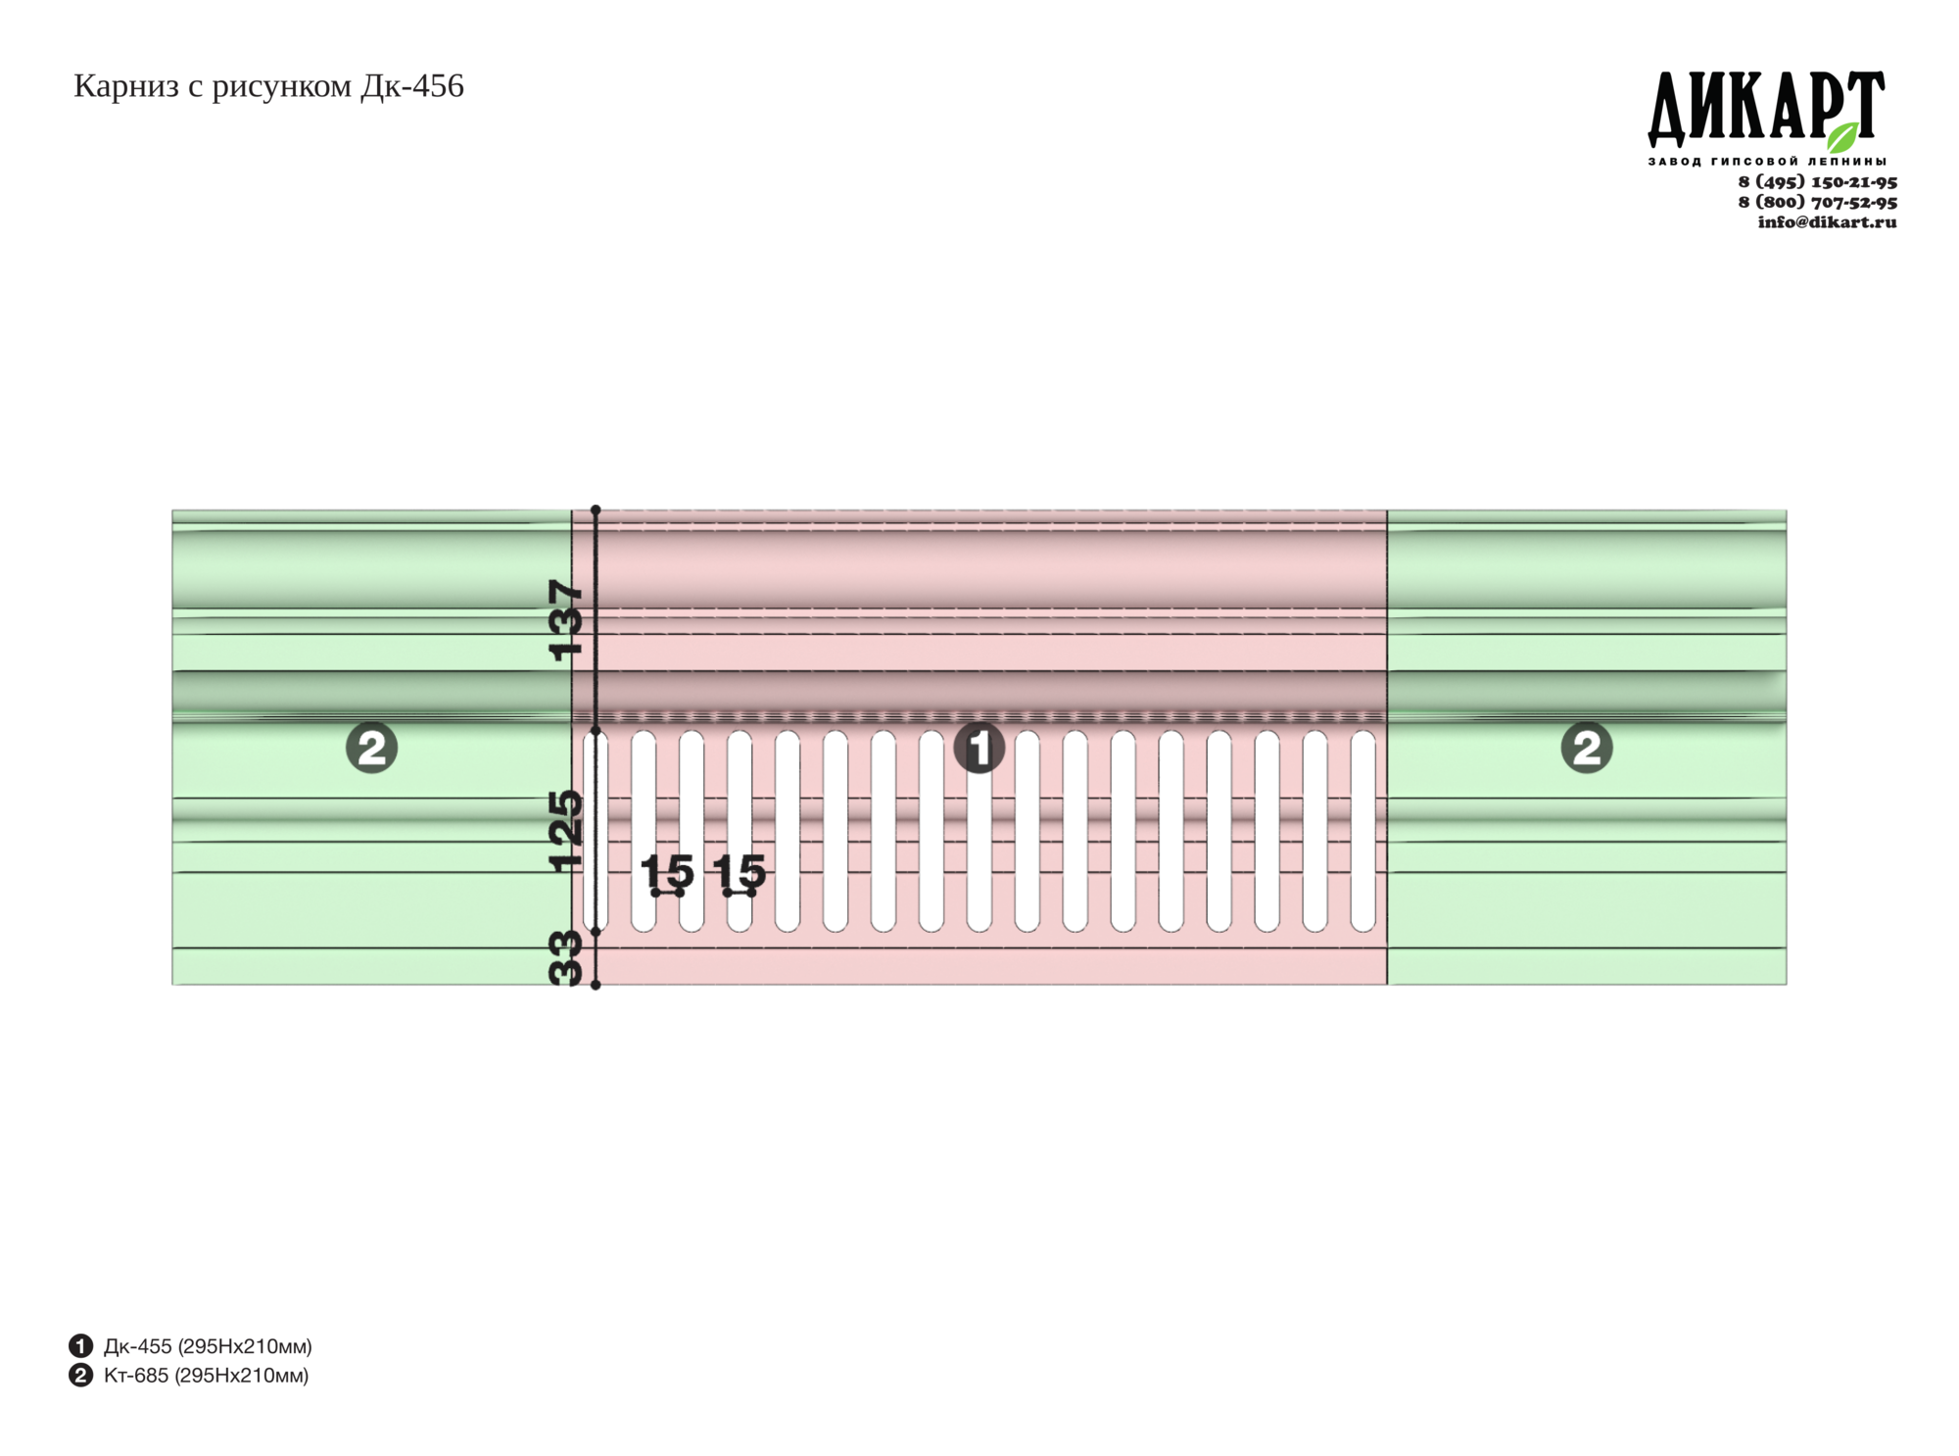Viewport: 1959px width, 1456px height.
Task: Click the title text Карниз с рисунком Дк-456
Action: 268,86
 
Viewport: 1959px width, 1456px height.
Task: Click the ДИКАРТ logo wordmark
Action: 1766,107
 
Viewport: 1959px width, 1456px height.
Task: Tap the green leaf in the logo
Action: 1842,137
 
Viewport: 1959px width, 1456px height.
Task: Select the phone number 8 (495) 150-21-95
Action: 1817,181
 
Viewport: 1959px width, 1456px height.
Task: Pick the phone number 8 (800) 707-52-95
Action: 1817,202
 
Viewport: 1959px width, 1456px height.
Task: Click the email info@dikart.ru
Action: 1827,221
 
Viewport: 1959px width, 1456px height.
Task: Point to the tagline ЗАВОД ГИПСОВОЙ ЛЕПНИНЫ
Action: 1766,161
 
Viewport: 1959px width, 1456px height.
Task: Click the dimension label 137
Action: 566,620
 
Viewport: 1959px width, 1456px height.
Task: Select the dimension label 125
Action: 566,831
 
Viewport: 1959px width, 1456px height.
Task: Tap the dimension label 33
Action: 566,957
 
